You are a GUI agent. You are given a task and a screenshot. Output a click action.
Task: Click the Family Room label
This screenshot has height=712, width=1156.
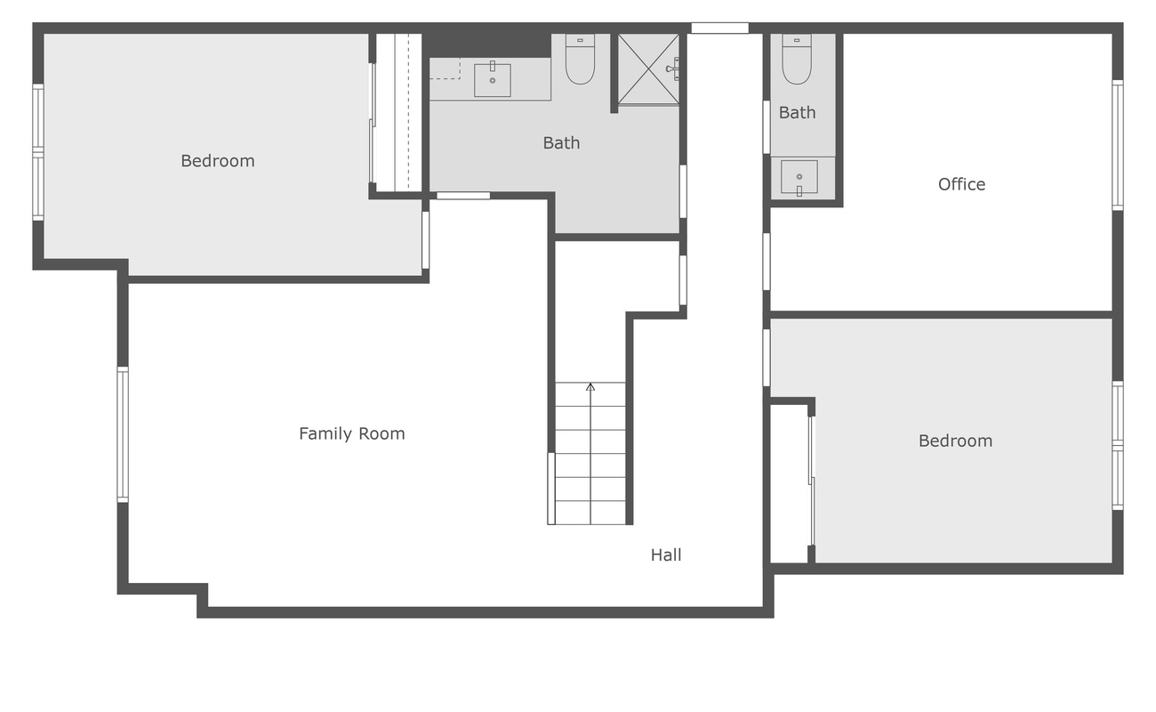pos(351,434)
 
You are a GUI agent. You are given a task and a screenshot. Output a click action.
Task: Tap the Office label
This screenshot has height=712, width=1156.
pos(961,184)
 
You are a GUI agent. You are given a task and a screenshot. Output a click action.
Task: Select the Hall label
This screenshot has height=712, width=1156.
pos(665,555)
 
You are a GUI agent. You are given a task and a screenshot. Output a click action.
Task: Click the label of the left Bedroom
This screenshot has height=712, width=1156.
pos(217,161)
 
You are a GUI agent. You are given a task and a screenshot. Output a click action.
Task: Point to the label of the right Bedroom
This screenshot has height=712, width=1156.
pos(955,441)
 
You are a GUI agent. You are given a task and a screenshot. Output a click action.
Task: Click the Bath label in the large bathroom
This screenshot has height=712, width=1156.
pos(561,142)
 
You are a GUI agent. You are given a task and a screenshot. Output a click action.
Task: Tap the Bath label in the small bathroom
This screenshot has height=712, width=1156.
pos(797,113)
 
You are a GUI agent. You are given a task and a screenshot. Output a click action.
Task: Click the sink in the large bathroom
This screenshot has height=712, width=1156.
pos(492,80)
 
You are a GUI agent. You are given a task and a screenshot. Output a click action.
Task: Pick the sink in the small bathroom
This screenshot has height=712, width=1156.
pos(799,177)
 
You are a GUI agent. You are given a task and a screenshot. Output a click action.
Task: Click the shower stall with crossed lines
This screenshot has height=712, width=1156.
pos(648,69)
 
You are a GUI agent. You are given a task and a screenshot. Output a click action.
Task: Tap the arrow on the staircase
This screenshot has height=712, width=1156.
pos(590,387)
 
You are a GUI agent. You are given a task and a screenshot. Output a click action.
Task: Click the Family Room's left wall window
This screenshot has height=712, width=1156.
pos(123,434)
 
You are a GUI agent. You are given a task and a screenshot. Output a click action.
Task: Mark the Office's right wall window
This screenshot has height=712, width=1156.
pos(1118,145)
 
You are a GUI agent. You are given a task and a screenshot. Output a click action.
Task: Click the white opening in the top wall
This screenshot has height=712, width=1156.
pos(719,28)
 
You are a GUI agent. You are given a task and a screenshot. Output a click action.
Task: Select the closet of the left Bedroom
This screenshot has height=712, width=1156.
pos(397,112)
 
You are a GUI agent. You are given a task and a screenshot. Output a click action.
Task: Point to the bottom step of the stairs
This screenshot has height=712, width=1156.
pos(590,513)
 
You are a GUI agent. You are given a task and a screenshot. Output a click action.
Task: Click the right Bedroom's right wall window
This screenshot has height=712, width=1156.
pos(1118,445)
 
